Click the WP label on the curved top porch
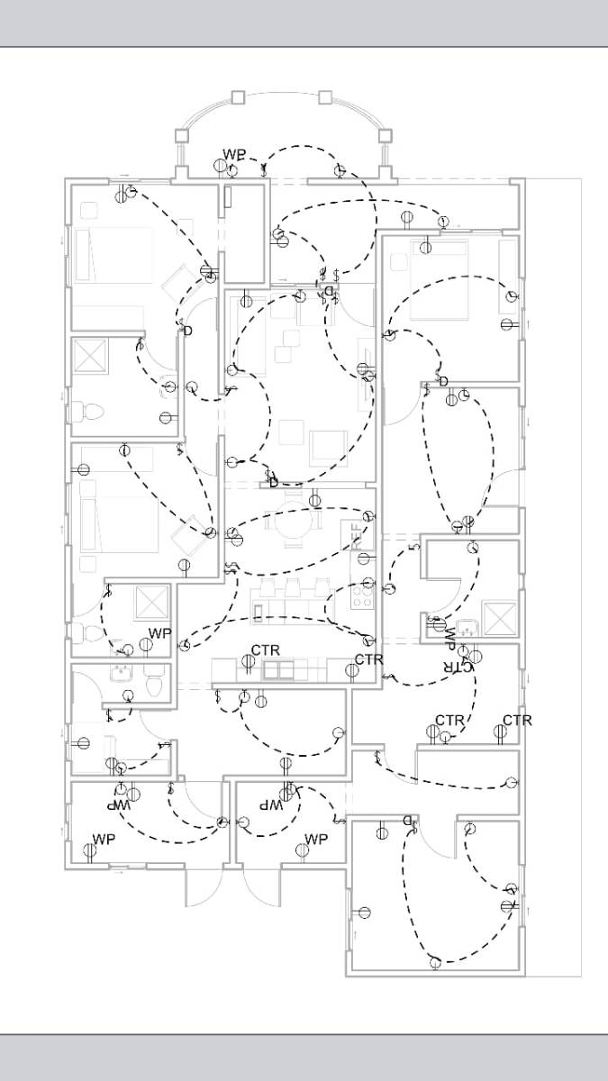click(x=234, y=154)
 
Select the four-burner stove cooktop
click(x=363, y=595)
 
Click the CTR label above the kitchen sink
click(x=265, y=650)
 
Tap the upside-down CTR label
click(x=458, y=667)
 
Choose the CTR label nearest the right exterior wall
click(x=517, y=720)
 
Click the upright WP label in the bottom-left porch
click(x=104, y=840)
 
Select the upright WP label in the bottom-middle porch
click(x=315, y=839)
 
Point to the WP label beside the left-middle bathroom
click(x=159, y=633)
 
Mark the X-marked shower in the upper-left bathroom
click(x=90, y=357)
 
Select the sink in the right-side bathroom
click(x=468, y=628)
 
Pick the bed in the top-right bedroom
click(x=440, y=279)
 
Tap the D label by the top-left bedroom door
click(x=187, y=332)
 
